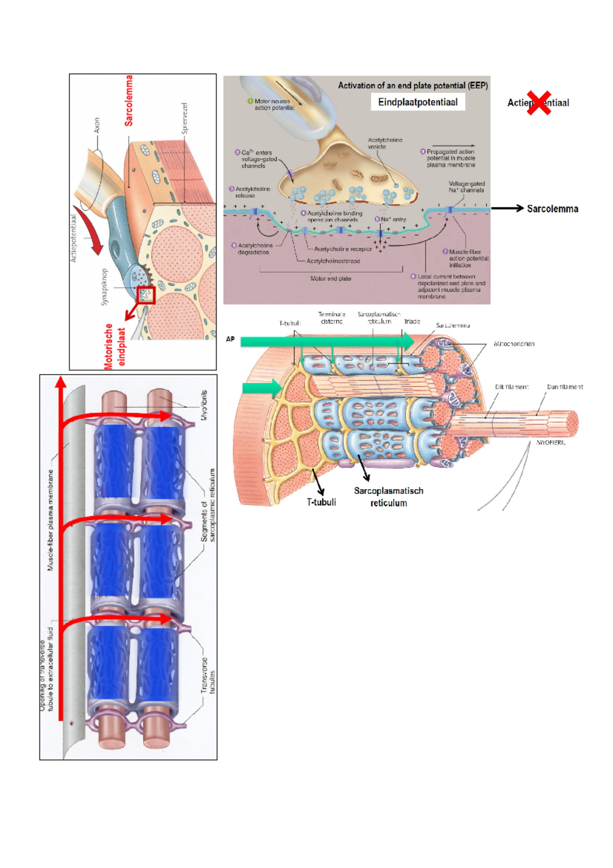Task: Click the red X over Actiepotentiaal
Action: click(x=539, y=103)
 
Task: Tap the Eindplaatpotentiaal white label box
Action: click(x=417, y=102)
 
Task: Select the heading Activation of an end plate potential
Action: click(x=412, y=85)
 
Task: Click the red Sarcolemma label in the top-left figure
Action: click(x=129, y=101)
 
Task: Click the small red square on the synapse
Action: click(x=146, y=295)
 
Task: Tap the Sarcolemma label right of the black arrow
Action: click(x=552, y=209)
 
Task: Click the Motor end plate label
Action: click(x=331, y=279)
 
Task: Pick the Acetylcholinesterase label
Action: click(x=333, y=261)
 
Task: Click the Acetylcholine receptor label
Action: click(x=343, y=249)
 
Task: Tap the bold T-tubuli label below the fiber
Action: click(x=321, y=502)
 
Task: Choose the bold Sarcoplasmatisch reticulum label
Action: click(x=389, y=497)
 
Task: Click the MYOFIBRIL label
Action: click(x=551, y=443)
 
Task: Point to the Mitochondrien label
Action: click(x=514, y=344)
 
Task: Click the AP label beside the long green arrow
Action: click(x=230, y=339)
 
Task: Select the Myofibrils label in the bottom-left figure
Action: click(x=204, y=405)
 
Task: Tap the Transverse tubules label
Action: click(x=208, y=675)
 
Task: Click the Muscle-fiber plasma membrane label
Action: click(x=51, y=520)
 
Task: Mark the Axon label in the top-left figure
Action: click(x=97, y=125)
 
